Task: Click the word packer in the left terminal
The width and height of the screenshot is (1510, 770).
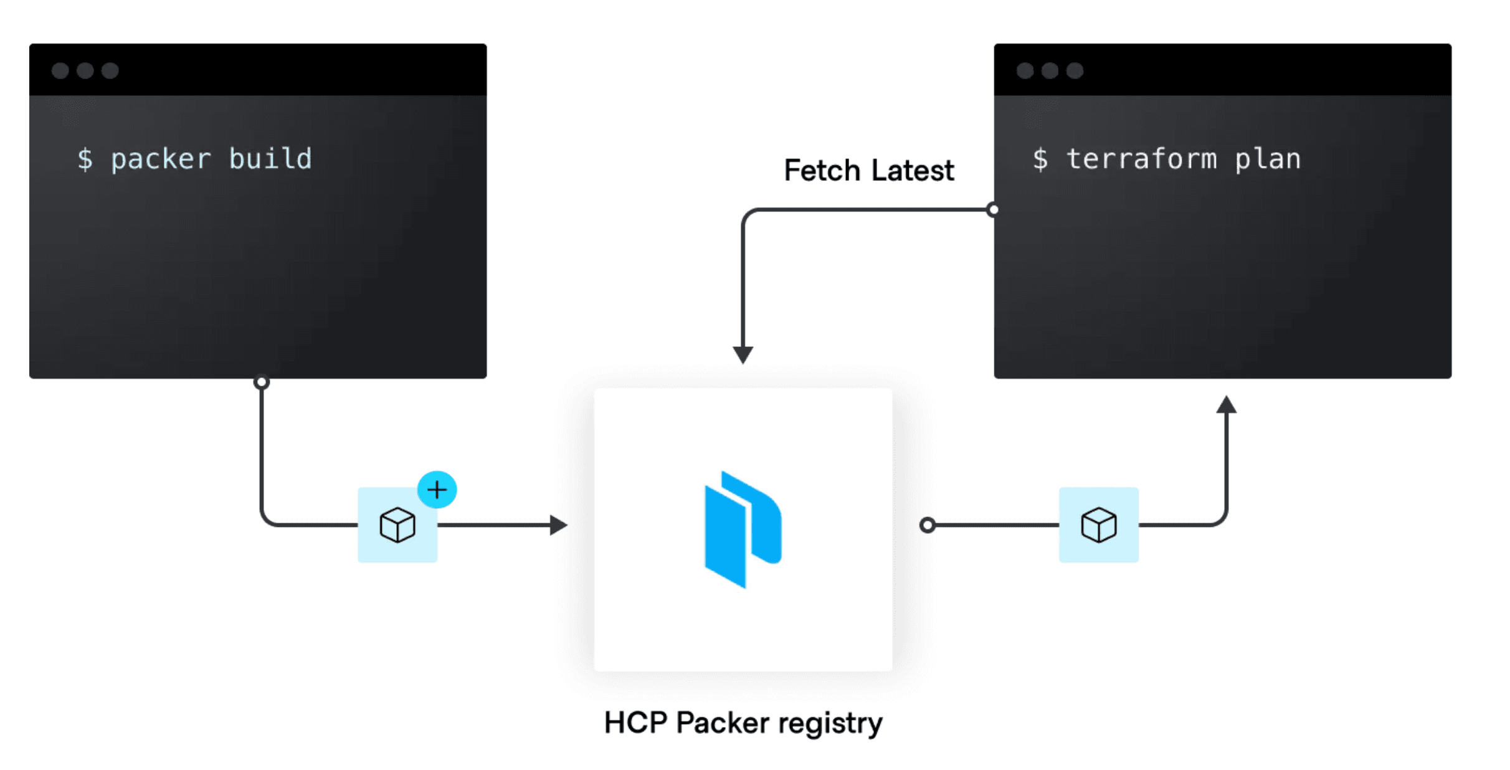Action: pyautogui.click(x=161, y=159)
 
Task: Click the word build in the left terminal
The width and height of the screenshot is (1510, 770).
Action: pyautogui.click(x=270, y=158)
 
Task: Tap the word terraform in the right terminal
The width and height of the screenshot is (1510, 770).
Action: pyautogui.click(x=1141, y=158)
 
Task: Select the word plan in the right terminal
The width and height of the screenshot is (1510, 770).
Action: pyautogui.click(x=1268, y=159)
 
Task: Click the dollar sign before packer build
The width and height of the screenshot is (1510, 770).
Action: pyautogui.click(x=85, y=159)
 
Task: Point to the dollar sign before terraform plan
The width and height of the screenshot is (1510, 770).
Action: pyautogui.click(x=1040, y=159)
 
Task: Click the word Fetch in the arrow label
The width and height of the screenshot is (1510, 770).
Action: pyautogui.click(x=822, y=170)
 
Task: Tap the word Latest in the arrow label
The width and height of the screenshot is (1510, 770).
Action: pyautogui.click(x=913, y=170)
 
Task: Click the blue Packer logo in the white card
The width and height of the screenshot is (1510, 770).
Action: pyautogui.click(x=743, y=529)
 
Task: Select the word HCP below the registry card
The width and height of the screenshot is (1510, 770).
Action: pyautogui.click(x=635, y=723)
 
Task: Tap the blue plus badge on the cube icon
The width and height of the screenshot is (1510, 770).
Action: pyautogui.click(x=437, y=490)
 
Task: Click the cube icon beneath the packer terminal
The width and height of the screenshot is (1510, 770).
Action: pyautogui.click(x=397, y=525)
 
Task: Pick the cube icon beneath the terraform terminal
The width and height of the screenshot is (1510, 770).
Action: pyautogui.click(x=1099, y=525)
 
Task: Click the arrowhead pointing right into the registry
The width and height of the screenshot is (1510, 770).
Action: pyautogui.click(x=558, y=525)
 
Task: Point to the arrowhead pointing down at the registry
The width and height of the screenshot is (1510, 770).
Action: pyautogui.click(x=743, y=354)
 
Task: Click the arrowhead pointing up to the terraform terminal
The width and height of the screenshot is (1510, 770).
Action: pyautogui.click(x=1226, y=405)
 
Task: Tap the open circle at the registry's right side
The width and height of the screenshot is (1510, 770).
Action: pyautogui.click(x=928, y=525)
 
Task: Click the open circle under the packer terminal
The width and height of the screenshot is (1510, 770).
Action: pyautogui.click(x=262, y=382)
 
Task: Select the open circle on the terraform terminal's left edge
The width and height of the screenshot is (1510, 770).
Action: pyautogui.click(x=994, y=209)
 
